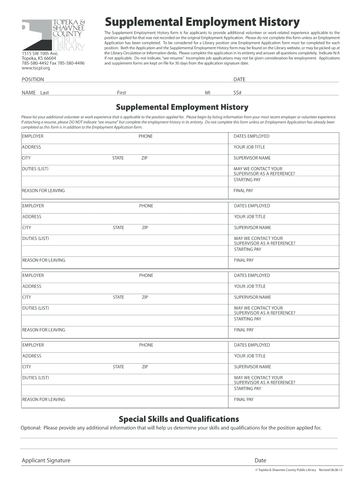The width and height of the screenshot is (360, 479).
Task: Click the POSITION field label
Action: [x=33, y=80]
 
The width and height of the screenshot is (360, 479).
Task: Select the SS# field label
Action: [x=238, y=93]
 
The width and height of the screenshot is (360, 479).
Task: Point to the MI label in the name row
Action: [x=208, y=93]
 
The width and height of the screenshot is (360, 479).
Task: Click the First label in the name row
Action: [x=122, y=93]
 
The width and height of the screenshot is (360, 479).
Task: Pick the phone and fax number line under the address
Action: [x=53, y=63]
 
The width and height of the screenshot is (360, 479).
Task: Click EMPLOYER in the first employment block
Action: [x=33, y=136]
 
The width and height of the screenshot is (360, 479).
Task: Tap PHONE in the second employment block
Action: [x=146, y=206]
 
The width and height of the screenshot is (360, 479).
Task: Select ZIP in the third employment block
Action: [x=145, y=297]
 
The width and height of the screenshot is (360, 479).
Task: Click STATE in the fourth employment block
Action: [x=118, y=367]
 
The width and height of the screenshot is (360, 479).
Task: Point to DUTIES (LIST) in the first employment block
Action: [x=35, y=169]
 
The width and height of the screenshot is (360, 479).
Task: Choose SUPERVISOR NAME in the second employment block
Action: [x=252, y=228]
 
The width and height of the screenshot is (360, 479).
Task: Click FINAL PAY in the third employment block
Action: [x=244, y=330]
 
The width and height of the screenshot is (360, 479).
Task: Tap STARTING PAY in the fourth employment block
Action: [x=247, y=388]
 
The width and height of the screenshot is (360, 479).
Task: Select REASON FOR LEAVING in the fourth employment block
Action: [x=43, y=399]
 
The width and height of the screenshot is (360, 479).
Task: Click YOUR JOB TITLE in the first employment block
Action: [x=249, y=147]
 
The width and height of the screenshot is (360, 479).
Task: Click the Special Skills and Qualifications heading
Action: [x=179, y=419]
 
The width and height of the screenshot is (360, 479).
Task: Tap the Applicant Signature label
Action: [x=46, y=460]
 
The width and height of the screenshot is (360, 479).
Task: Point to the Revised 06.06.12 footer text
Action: [x=331, y=470]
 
